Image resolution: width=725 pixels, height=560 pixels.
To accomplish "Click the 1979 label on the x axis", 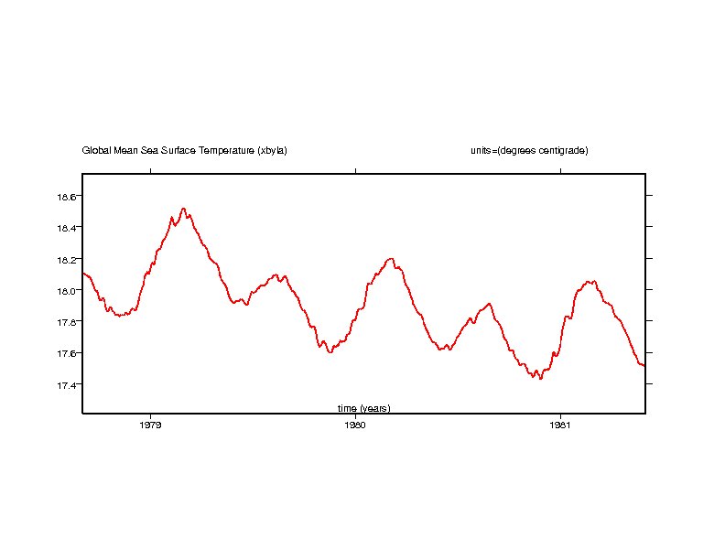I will (x=150, y=425).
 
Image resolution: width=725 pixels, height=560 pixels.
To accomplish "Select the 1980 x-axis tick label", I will (x=354, y=425).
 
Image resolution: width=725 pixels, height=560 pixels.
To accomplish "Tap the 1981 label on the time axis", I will (x=559, y=425).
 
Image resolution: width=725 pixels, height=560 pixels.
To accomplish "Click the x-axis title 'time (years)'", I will (x=363, y=408).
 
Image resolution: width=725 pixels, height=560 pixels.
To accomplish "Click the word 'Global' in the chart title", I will (x=95, y=150).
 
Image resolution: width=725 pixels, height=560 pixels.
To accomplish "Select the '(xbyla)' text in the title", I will (x=273, y=150).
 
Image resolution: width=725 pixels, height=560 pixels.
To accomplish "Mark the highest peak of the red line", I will (x=183, y=209).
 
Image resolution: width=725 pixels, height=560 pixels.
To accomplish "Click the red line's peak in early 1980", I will (x=391, y=259).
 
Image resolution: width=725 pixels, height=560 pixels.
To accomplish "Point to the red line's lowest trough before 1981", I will (x=541, y=378).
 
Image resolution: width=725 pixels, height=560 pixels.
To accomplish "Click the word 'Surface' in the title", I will (x=179, y=150).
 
